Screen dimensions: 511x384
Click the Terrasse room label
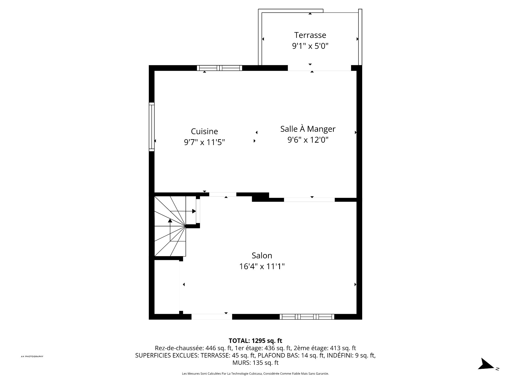310,35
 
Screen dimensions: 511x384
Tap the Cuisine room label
204,131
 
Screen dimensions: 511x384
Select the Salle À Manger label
308,129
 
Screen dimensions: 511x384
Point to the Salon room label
262,255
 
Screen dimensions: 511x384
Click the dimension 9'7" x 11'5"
204,142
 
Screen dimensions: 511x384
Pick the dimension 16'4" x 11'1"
262,266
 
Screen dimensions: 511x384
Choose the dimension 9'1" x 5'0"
310,46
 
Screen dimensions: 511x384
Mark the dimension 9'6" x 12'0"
308,140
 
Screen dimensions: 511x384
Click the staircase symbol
170,226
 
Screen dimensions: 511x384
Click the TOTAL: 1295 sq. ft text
256,341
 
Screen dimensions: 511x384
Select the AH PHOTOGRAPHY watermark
32,356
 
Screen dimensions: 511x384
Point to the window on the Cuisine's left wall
152,127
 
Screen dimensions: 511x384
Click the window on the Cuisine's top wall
220,68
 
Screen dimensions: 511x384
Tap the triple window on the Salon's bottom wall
307,317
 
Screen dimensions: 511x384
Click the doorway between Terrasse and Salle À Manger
319,68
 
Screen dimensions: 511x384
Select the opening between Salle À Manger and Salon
309,200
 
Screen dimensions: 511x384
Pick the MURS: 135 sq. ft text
256,363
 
